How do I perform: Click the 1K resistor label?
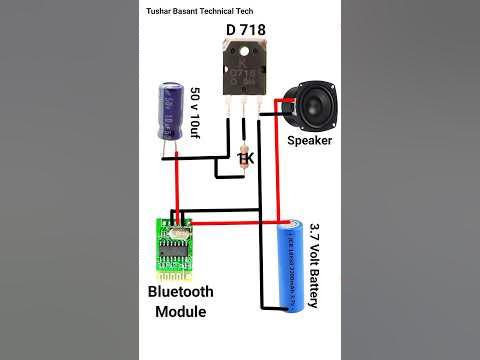point(246,157)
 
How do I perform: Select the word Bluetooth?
point(180,293)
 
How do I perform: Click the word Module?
point(180,312)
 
